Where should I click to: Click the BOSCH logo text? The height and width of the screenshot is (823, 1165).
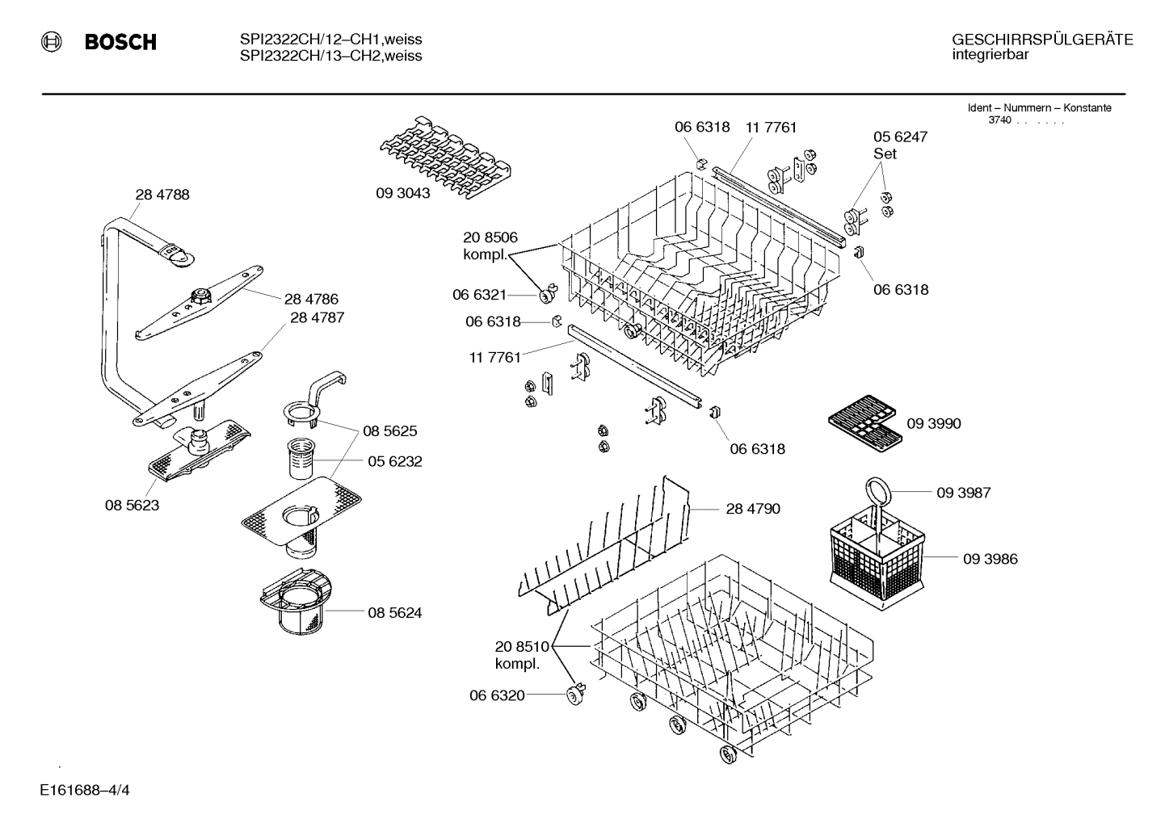pyautogui.click(x=120, y=43)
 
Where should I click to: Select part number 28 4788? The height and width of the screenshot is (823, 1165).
pyautogui.click(x=162, y=195)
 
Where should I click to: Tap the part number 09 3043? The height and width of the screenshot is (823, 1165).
pyautogui.click(x=402, y=194)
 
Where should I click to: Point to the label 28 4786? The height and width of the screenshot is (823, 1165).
pyautogui.click(x=311, y=298)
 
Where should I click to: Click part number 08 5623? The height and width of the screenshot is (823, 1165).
pyautogui.click(x=132, y=506)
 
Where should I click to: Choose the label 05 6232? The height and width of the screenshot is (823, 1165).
pyautogui.click(x=394, y=461)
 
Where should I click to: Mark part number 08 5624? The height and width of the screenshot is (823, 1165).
pyautogui.click(x=394, y=613)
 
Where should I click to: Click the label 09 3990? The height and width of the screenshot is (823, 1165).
pyautogui.click(x=934, y=423)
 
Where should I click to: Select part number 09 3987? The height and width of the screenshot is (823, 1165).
pyautogui.click(x=964, y=493)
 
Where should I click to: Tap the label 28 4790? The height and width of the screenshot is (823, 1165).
pyautogui.click(x=753, y=509)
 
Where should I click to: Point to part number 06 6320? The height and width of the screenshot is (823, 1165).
pyautogui.click(x=497, y=695)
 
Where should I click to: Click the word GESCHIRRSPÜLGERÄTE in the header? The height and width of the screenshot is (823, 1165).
pyautogui.click(x=1042, y=40)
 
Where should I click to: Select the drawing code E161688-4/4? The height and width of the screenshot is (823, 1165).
pyautogui.click(x=84, y=789)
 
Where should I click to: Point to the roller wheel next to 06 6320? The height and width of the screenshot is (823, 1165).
pyautogui.click(x=576, y=691)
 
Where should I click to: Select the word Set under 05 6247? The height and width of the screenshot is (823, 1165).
pyautogui.click(x=885, y=153)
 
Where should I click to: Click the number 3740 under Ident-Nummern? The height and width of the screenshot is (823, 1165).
pyautogui.click(x=1000, y=120)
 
